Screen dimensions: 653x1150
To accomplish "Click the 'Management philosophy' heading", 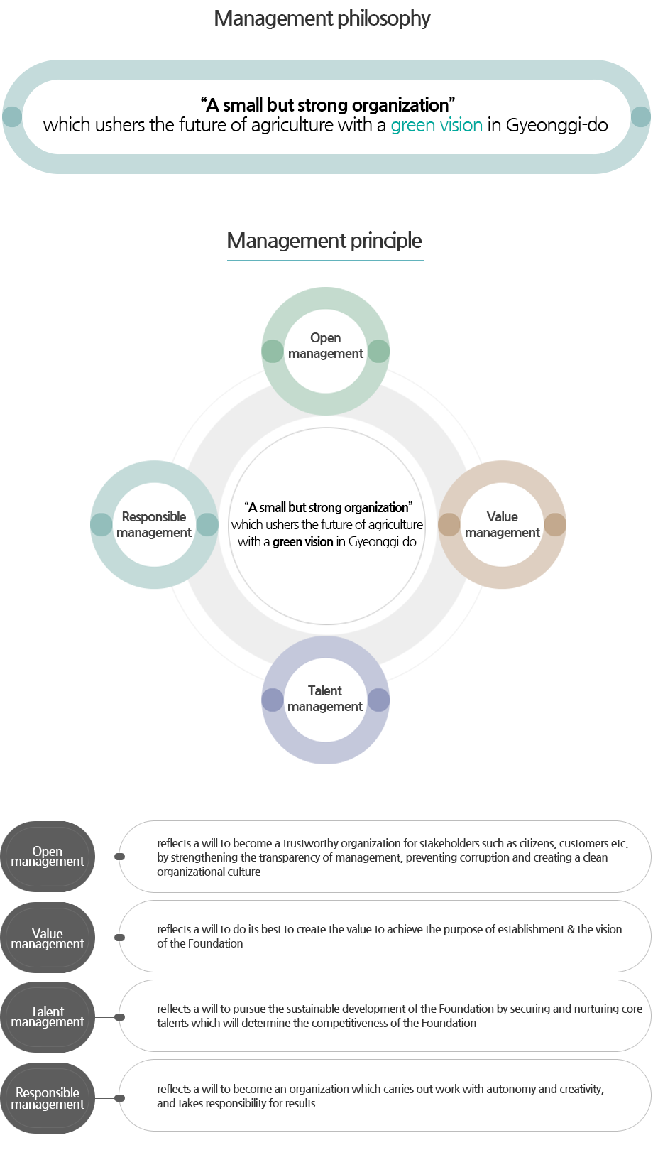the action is pyautogui.click(x=322, y=18).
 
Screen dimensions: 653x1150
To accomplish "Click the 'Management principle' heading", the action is pyautogui.click(x=324, y=240).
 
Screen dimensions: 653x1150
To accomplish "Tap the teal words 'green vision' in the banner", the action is pyautogui.click(x=437, y=125).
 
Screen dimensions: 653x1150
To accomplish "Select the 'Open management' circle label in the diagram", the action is pyautogui.click(x=325, y=345).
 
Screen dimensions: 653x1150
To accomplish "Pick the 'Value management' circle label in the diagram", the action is pyautogui.click(x=503, y=524).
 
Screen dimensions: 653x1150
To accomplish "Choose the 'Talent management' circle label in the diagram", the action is pyautogui.click(x=324, y=698).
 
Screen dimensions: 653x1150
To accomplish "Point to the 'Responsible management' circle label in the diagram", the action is pyautogui.click(x=154, y=524).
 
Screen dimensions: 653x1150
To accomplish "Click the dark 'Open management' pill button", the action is pyautogui.click(x=47, y=857).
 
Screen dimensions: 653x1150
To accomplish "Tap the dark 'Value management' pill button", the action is pyautogui.click(x=47, y=938).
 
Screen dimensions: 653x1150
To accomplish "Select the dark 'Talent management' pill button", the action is pyautogui.click(x=47, y=1017).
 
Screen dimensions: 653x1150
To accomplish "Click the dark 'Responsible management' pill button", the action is pyautogui.click(x=47, y=1098).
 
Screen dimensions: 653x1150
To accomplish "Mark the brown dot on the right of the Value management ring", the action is pyautogui.click(x=555, y=525).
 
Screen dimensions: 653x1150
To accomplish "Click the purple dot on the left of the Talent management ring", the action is pyautogui.click(x=273, y=700).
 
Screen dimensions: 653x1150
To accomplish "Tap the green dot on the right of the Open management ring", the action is pyautogui.click(x=378, y=351).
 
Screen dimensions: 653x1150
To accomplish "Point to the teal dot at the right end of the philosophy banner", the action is pyautogui.click(x=641, y=116).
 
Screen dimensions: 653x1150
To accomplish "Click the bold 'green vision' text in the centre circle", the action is pyautogui.click(x=302, y=542).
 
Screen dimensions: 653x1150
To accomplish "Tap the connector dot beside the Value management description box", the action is pyautogui.click(x=119, y=938).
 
